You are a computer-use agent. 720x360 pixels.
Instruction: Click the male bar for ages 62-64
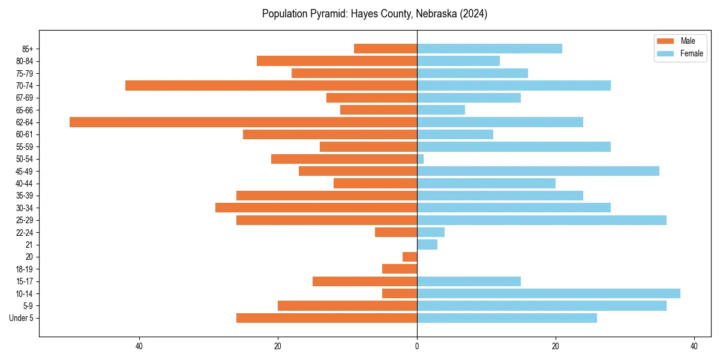pyautogui.click(x=243, y=122)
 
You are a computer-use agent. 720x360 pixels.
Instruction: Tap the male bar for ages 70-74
pyautogui.click(x=271, y=85)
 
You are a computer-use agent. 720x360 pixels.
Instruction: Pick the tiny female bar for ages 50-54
pyautogui.click(x=421, y=159)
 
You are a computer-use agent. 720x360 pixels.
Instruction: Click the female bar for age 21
pyautogui.click(x=427, y=244)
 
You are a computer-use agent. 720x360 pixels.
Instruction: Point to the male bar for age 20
pyautogui.click(x=410, y=257)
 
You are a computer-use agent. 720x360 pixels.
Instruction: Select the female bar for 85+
pyautogui.click(x=490, y=49)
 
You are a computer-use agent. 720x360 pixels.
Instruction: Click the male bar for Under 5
pyautogui.click(x=326, y=318)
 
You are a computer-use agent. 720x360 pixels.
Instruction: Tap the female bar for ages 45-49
pyautogui.click(x=538, y=171)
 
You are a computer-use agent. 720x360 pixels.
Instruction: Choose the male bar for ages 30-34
pyautogui.click(x=316, y=208)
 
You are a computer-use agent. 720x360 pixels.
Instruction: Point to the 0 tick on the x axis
pyautogui.click(x=417, y=346)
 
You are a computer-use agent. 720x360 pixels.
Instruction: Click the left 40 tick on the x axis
pyautogui.click(x=139, y=346)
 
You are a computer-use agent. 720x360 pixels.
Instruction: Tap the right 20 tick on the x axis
pyautogui.click(x=556, y=346)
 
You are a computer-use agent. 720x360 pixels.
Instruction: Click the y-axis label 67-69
pyautogui.click(x=23, y=98)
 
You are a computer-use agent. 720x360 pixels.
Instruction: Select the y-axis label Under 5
pyautogui.click(x=21, y=318)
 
